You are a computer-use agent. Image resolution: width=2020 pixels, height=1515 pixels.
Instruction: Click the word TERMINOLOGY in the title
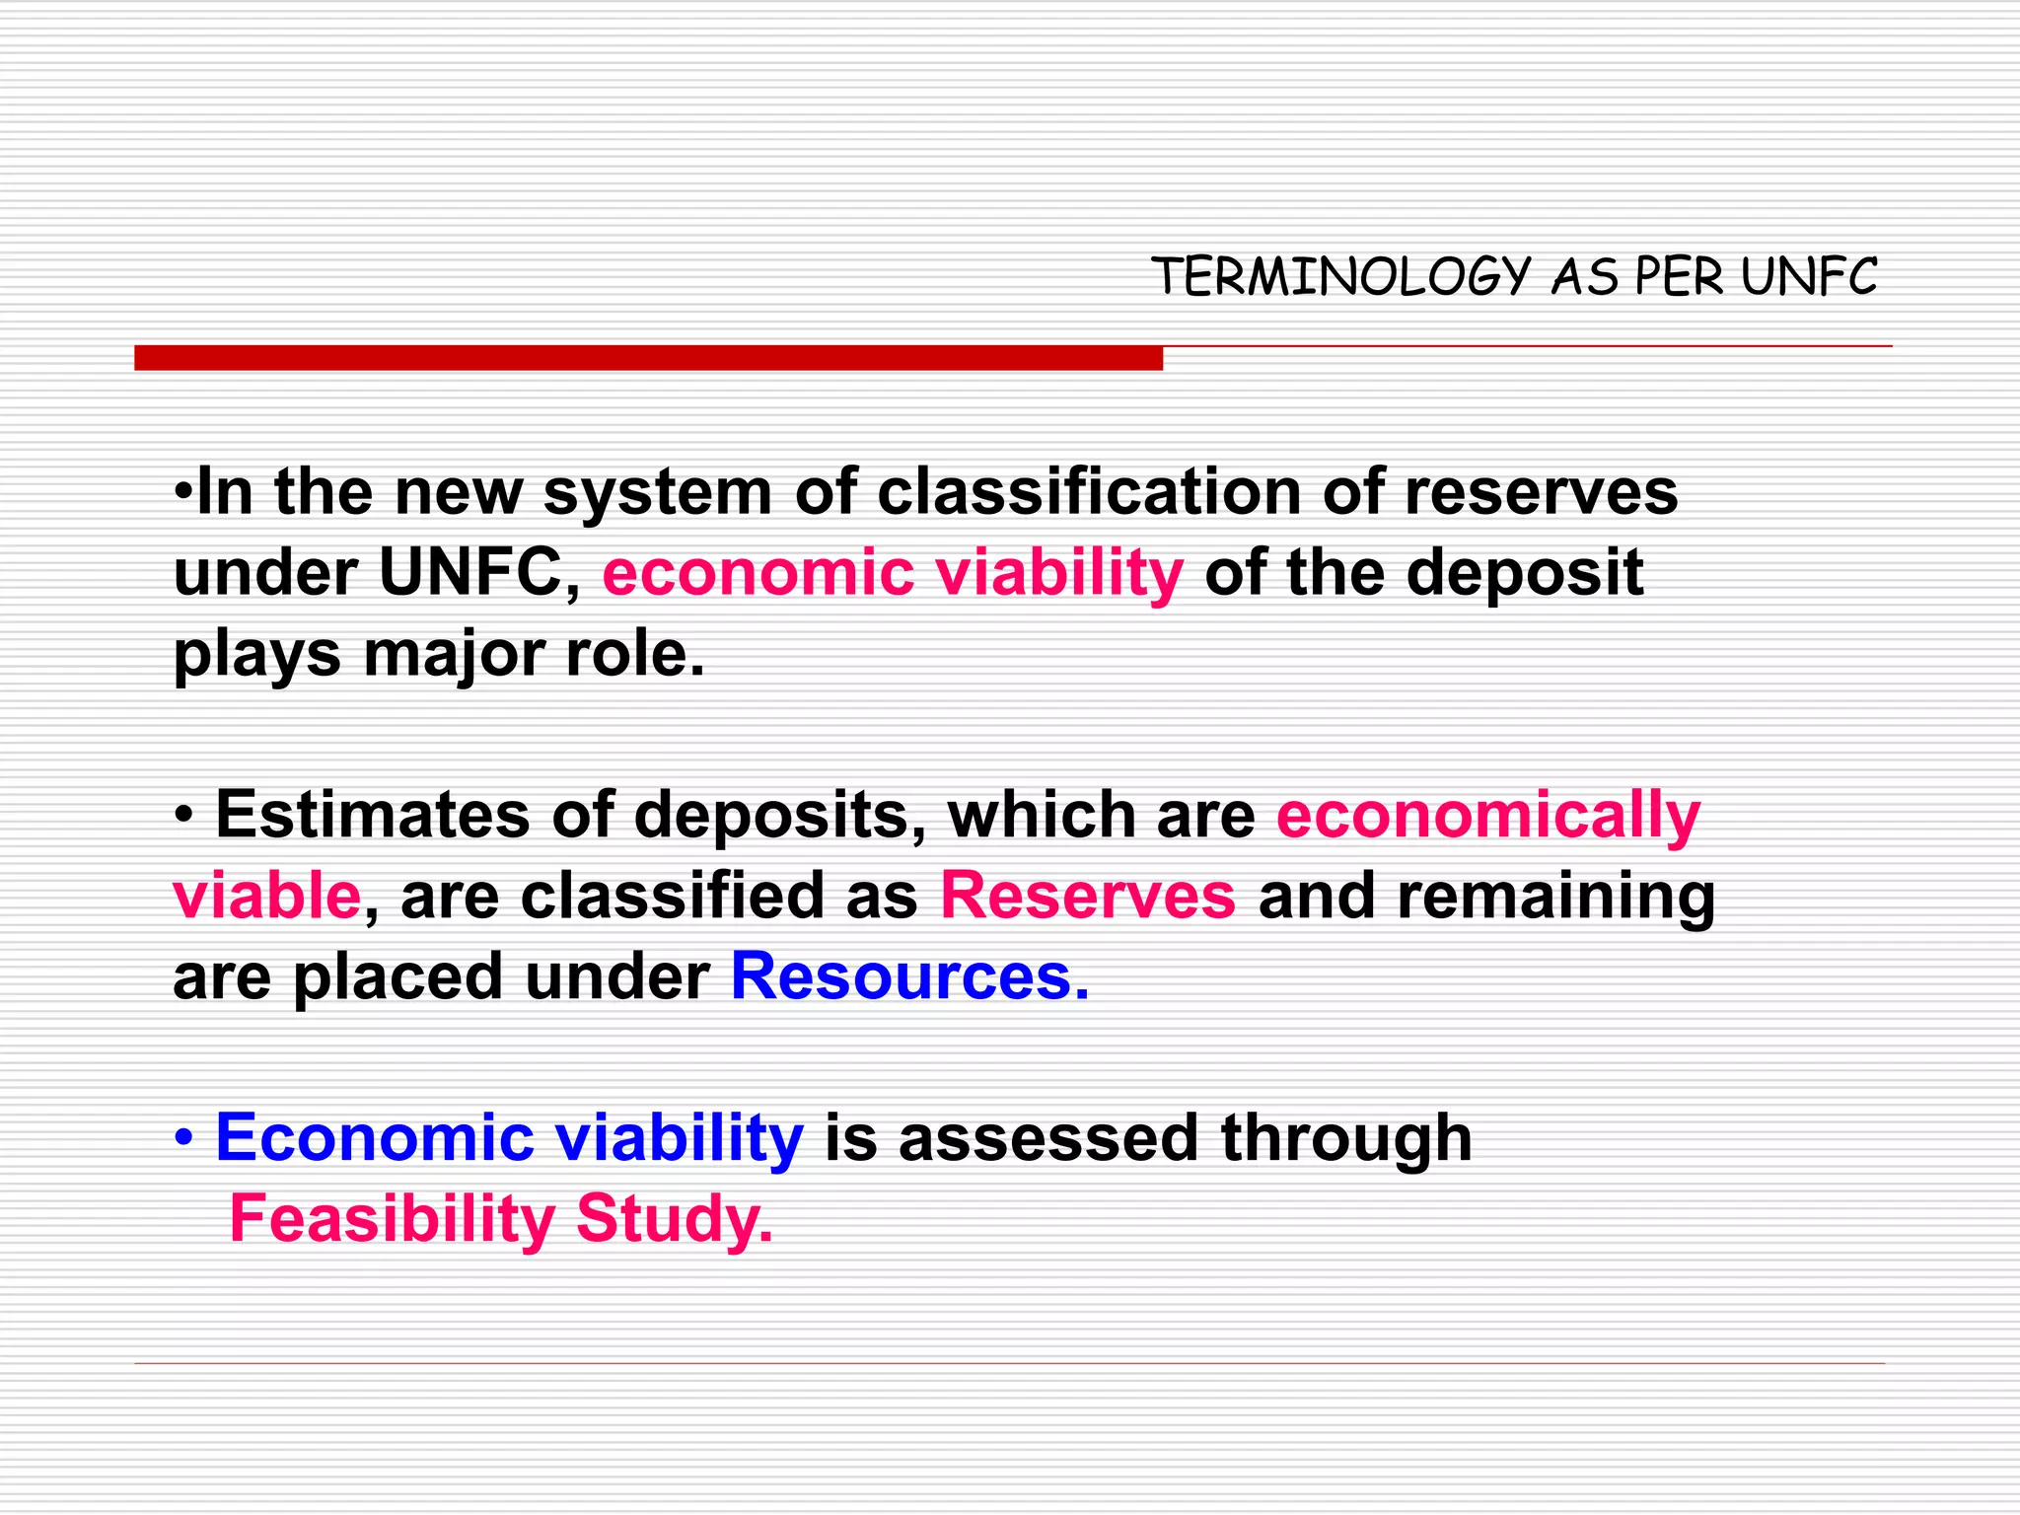[x=1340, y=277]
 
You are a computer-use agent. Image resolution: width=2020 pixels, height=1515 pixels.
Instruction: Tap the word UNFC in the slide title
[x=1809, y=277]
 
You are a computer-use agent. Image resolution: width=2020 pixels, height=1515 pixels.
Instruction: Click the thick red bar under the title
[x=648, y=358]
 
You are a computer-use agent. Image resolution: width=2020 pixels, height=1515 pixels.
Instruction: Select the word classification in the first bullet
[x=1089, y=492]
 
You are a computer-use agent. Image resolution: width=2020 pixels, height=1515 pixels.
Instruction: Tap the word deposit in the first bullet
[x=1525, y=573]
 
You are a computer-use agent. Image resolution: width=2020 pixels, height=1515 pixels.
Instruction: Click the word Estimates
[x=373, y=816]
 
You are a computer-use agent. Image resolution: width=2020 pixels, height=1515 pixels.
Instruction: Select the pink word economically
[x=1488, y=816]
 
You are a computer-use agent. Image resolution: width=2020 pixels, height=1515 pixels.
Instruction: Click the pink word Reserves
[x=1088, y=897]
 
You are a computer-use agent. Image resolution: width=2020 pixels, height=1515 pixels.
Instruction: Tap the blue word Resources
[x=909, y=977]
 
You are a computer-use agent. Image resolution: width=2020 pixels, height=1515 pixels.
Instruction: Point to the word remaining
[x=1555, y=897]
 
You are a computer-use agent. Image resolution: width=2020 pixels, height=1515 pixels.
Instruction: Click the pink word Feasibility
[x=392, y=1220]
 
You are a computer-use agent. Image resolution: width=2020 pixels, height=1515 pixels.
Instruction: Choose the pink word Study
[x=674, y=1220]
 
